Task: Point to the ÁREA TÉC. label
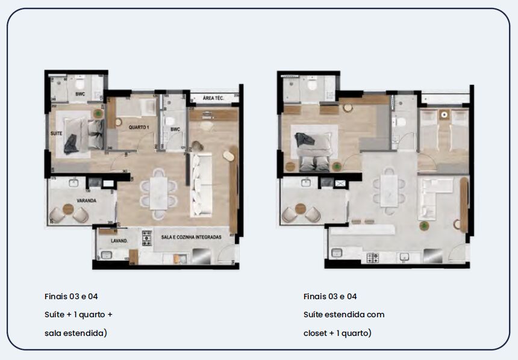click(x=213, y=98)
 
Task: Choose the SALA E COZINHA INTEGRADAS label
click(x=191, y=237)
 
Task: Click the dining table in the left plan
click(x=159, y=189)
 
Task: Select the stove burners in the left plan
click(x=146, y=238)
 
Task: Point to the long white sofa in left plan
click(x=201, y=184)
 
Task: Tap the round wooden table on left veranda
click(x=67, y=210)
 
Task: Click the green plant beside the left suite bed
click(x=98, y=113)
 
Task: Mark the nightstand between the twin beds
click(x=444, y=114)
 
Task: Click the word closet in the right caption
click(x=317, y=332)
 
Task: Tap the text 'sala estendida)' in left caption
click(x=75, y=332)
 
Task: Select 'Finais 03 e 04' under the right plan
click(x=330, y=296)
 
